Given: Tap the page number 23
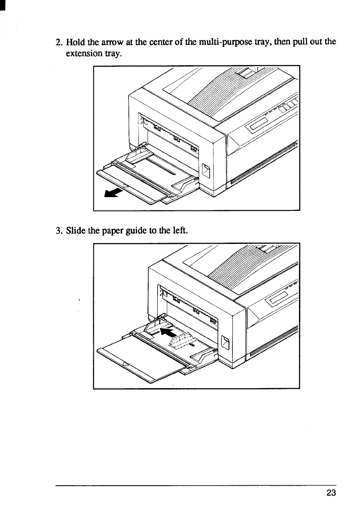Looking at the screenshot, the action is pos(331,493).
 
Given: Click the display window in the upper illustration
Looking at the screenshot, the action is pos(258,128).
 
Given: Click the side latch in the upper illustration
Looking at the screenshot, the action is pos(206,170).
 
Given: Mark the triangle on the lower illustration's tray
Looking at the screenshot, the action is pos(125,365).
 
